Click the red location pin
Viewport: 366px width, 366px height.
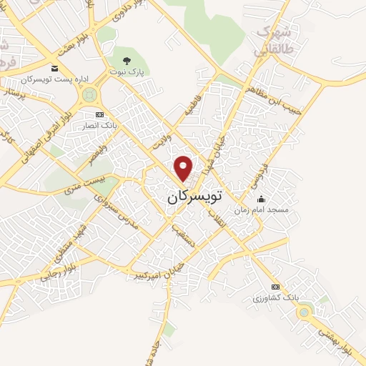tap(184, 168)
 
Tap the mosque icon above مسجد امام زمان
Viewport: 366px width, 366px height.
tap(262, 199)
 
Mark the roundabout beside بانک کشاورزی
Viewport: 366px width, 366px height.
tap(305, 311)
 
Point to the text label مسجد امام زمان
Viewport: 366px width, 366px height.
tap(262, 210)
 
